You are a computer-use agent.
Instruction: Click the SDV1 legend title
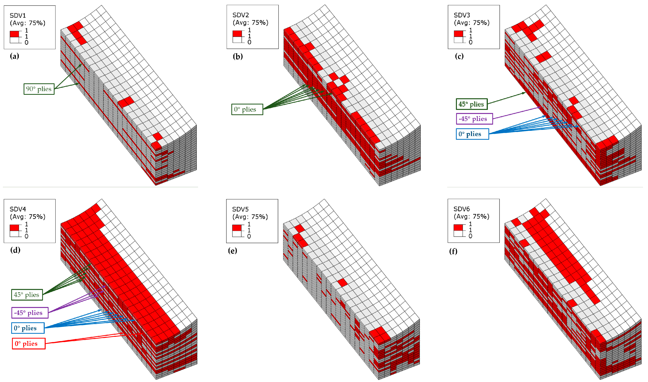[x=18, y=16]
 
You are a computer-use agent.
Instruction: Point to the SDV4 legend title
[x=18, y=209]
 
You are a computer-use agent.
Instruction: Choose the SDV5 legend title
[x=240, y=209]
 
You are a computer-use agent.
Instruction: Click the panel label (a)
[x=14, y=56]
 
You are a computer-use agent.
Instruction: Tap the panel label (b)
[x=238, y=56]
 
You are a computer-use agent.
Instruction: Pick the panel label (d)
[x=15, y=250]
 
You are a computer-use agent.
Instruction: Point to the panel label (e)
[x=233, y=250]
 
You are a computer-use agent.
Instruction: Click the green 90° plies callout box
[x=39, y=89]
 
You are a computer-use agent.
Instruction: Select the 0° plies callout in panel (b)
[x=247, y=109]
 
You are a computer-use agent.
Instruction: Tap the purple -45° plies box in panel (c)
[x=474, y=119]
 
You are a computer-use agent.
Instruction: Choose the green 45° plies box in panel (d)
[x=27, y=295]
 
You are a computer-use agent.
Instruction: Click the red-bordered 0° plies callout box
[x=29, y=343]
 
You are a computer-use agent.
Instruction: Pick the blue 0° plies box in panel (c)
[x=472, y=134]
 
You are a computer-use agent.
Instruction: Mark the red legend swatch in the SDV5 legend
[x=237, y=228]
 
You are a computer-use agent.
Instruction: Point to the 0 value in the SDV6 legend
[x=470, y=236]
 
